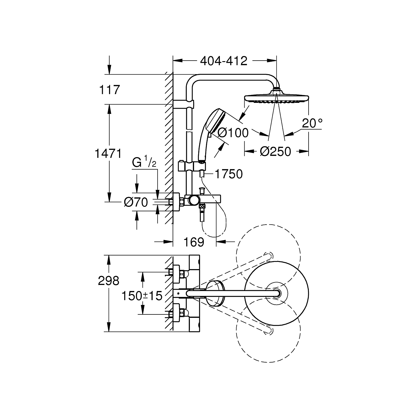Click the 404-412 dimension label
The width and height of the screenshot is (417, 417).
coord(224,61)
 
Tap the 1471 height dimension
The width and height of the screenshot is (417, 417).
coord(108,153)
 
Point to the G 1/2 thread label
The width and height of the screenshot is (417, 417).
coord(144,162)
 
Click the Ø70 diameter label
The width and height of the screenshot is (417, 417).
coord(136,202)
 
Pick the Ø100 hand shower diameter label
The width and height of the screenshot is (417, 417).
coord(233,133)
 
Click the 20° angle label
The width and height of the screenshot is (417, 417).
coord(312,123)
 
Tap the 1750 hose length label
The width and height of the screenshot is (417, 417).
coord(229,174)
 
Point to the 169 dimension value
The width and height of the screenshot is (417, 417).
coord(194,242)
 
